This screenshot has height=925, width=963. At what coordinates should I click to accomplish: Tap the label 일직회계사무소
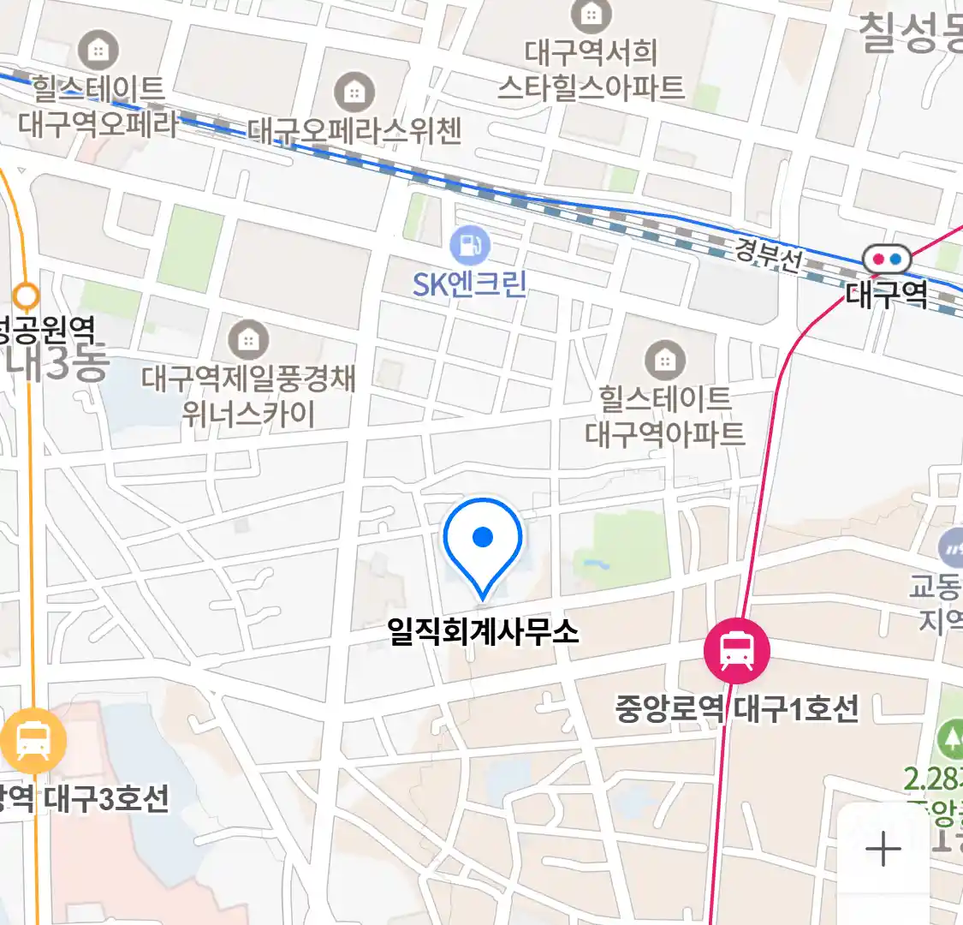483,633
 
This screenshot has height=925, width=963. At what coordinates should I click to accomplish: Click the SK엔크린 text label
470,284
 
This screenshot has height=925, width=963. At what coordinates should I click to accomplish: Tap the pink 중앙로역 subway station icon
736,651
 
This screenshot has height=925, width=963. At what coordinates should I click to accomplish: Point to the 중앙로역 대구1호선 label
736,709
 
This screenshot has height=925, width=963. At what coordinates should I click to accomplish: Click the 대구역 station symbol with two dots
886,259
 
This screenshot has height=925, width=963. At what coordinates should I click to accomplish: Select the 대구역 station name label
886,295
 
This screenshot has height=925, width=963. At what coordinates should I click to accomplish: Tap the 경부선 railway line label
767,254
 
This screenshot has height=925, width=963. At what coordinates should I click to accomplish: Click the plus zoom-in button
883,850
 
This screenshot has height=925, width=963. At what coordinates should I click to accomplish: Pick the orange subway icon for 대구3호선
33,741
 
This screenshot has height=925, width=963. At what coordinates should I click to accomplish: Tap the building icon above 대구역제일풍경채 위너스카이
248,340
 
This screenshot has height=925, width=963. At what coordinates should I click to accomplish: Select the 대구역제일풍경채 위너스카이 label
248,397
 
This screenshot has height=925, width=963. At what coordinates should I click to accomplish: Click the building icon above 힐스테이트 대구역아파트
664,361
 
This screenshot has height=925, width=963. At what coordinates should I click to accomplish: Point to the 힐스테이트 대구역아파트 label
664,416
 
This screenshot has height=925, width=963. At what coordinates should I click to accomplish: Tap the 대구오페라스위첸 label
354,130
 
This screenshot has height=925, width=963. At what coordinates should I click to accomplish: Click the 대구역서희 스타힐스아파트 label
591,70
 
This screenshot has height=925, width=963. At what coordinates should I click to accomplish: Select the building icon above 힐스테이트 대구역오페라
98,51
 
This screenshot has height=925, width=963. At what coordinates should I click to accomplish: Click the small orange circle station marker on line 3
27,296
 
